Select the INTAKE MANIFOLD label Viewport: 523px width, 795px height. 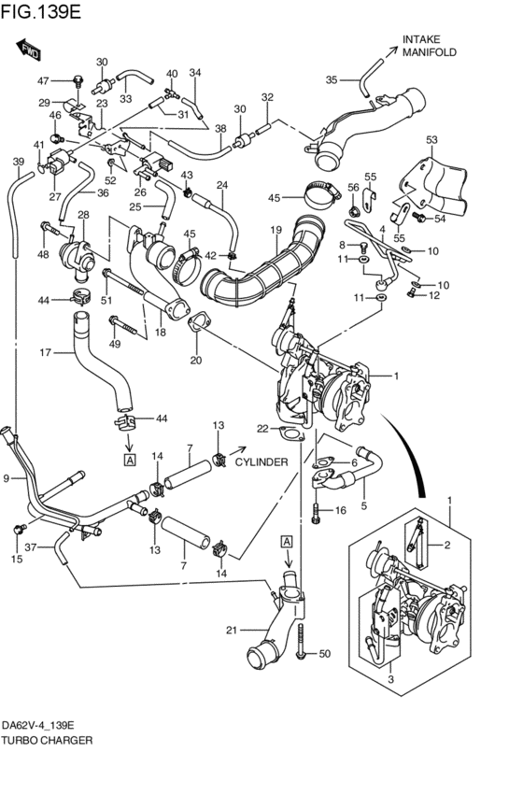(429, 46)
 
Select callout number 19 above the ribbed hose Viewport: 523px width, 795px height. (276, 229)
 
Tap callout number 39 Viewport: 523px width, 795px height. (18, 162)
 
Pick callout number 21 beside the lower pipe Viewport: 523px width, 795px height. (233, 630)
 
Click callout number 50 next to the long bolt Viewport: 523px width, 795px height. (325, 653)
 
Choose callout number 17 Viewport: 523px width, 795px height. (44, 352)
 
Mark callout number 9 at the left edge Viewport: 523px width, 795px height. (7, 478)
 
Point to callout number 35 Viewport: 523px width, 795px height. (331, 80)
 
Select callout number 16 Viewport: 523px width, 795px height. (341, 510)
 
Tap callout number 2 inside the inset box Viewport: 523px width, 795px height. (447, 545)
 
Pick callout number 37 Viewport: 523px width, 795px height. (31, 548)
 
